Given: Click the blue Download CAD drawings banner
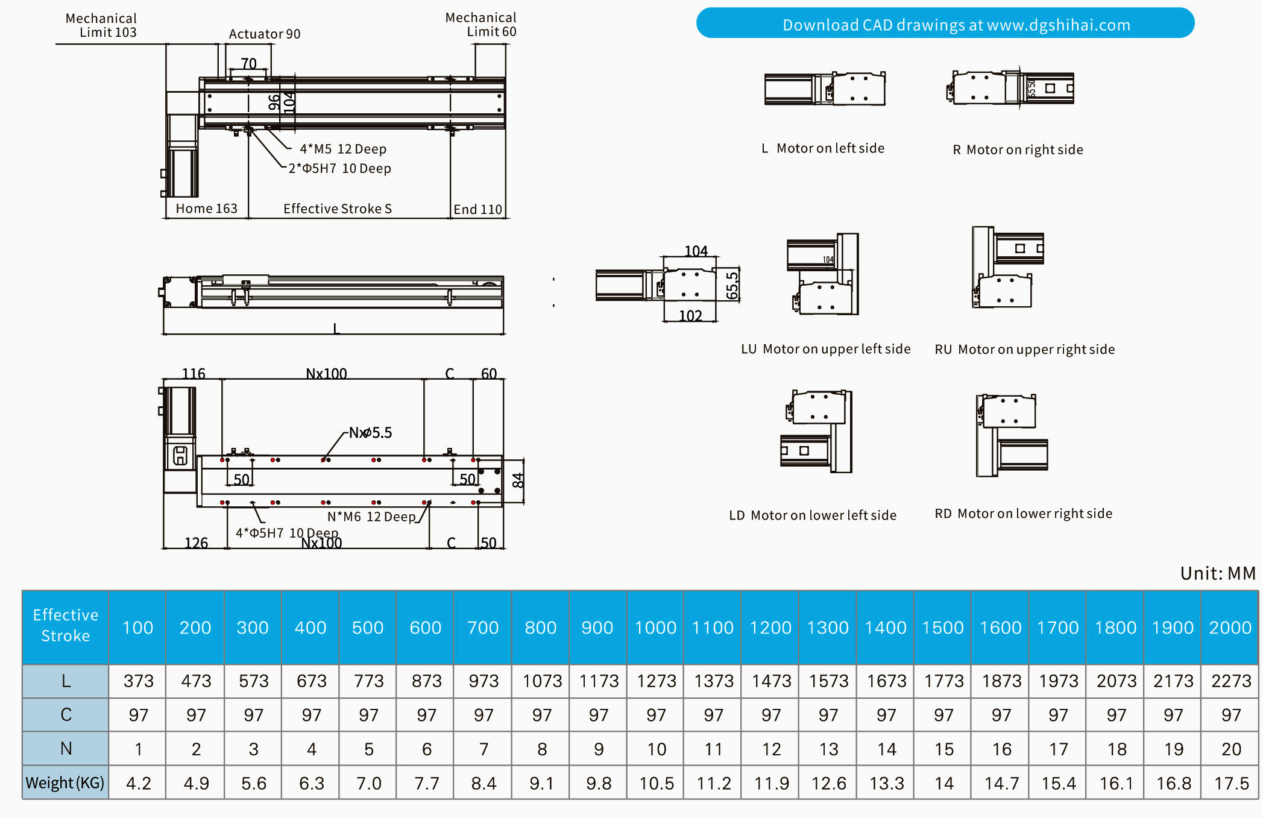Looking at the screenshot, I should click(x=945, y=24).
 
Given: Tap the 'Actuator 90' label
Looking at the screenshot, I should click(x=264, y=34).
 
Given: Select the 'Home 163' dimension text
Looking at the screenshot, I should click(x=206, y=209).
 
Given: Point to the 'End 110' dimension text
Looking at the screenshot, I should click(x=477, y=209).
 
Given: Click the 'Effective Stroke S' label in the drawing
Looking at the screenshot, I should click(x=338, y=209).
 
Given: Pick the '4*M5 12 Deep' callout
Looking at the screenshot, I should click(x=343, y=149).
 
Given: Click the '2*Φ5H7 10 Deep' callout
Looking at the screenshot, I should click(x=339, y=168).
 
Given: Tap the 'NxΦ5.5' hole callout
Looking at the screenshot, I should click(x=370, y=433).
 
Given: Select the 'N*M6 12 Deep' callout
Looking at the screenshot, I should click(x=371, y=517).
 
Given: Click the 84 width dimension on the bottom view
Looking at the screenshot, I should click(x=518, y=480).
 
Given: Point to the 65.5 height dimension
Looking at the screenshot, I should click(x=732, y=285).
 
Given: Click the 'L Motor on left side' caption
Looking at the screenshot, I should click(x=823, y=148).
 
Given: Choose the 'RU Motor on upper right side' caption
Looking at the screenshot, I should click(x=1024, y=350).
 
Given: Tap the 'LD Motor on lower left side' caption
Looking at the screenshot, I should click(x=812, y=515).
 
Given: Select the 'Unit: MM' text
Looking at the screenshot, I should click(x=1218, y=573).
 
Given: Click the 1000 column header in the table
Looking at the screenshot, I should click(x=655, y=628).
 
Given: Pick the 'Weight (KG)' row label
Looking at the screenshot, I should click(x=65, y=783).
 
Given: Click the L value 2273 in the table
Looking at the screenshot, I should click(x=1230, y=681).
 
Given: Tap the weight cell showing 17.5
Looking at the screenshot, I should click(x=1230, y=783).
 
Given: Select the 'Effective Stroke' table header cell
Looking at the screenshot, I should click(x=65, y=626).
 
